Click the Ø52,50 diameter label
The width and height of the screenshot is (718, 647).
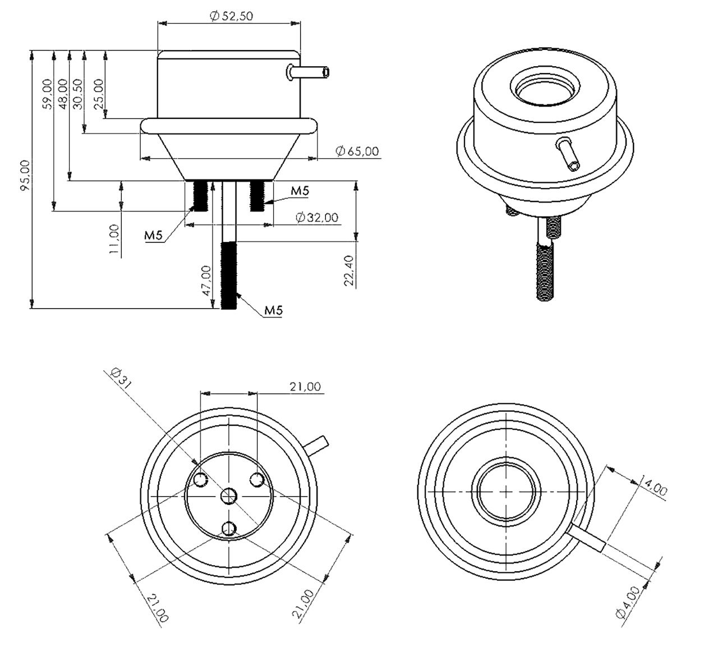point(231,16)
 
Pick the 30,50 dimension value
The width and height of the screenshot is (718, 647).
point(77,94)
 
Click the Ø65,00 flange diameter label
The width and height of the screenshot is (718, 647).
point(357,151)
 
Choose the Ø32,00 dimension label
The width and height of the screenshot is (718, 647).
point(316,217)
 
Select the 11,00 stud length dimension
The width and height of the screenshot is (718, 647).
point(114,240)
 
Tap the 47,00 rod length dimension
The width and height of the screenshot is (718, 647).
point(206,281)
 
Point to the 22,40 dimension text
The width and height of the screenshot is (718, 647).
point(349,271)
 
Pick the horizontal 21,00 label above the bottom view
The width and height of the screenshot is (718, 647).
point(305,387)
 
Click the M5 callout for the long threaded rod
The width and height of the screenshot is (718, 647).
point(273,310)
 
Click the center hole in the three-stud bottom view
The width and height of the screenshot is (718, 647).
point(229,495)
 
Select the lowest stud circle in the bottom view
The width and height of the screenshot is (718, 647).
point(229,528)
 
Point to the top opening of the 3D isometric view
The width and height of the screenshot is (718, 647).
point(545,89)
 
